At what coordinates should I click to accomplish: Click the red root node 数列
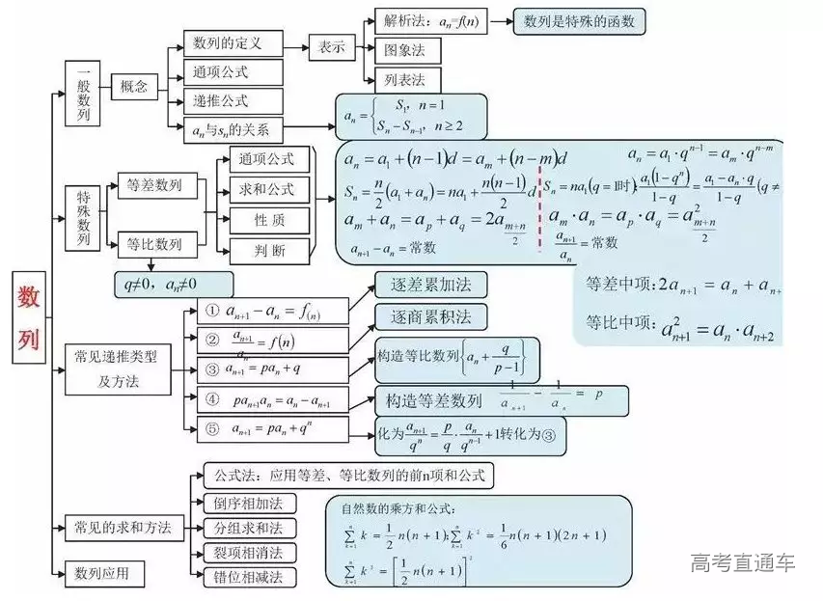29,318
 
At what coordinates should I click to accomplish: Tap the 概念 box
134,87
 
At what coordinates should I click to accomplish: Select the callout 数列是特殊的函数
579,21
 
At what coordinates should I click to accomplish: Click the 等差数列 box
155,185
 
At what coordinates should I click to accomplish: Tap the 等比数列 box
155,244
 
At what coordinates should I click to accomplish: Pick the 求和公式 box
267,189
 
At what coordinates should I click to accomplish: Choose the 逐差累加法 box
430,285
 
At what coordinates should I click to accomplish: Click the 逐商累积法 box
430,316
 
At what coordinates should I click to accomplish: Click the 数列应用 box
104,575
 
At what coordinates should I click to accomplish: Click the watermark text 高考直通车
743,563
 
